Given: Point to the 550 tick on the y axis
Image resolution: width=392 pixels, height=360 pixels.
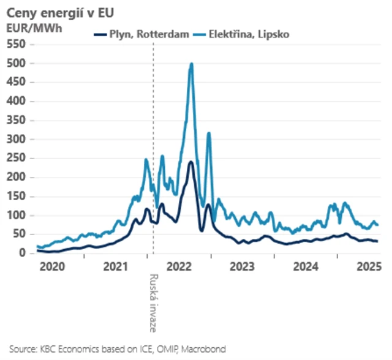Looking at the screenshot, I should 17,44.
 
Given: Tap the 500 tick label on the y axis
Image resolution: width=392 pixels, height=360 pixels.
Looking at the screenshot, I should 17,63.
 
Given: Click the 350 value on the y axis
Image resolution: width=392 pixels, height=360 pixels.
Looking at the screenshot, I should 17,120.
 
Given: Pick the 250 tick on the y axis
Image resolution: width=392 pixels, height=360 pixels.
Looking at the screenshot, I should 17,158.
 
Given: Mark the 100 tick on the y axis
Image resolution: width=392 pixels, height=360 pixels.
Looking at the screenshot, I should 17,216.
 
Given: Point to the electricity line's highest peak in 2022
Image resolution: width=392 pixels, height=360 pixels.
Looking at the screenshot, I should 192,64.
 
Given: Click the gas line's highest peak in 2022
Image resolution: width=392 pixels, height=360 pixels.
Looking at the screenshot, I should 191,162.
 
